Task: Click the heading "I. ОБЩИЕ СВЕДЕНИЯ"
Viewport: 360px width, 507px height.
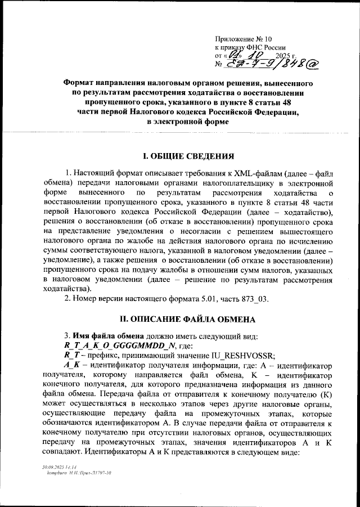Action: pyautogui.click(x=186, y=155)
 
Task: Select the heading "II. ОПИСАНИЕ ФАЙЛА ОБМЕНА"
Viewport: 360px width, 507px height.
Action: pyautogui.click(x=186, y=319)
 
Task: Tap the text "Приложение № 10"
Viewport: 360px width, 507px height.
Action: pyautogui.click(x=243, y=39)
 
